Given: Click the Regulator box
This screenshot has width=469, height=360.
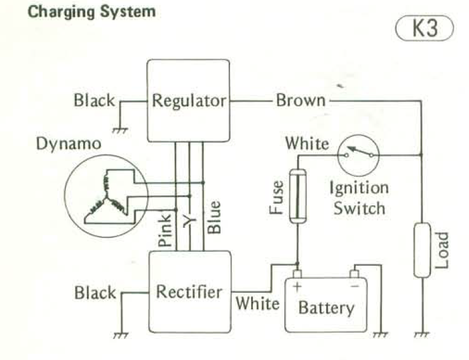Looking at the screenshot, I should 189,100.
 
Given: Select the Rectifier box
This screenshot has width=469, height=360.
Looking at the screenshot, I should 189,292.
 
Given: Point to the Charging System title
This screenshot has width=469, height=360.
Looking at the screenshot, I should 92,12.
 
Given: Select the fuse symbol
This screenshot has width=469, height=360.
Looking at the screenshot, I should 297,195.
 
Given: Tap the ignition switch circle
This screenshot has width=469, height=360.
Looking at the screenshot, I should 358,155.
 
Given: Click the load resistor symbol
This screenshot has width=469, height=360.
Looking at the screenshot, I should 422,250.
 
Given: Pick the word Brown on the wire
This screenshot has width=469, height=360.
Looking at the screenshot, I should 301,100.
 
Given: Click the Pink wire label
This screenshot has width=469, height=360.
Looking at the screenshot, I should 165,232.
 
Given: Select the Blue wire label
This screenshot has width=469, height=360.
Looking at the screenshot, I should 215,217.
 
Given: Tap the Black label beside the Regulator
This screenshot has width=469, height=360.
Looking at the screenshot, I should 94,100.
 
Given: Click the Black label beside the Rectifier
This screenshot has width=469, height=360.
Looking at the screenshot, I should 95,293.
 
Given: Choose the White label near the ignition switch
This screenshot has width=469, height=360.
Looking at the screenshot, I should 307,142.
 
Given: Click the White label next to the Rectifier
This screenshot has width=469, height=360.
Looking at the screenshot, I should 257,303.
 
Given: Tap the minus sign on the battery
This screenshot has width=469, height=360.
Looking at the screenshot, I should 354,286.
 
